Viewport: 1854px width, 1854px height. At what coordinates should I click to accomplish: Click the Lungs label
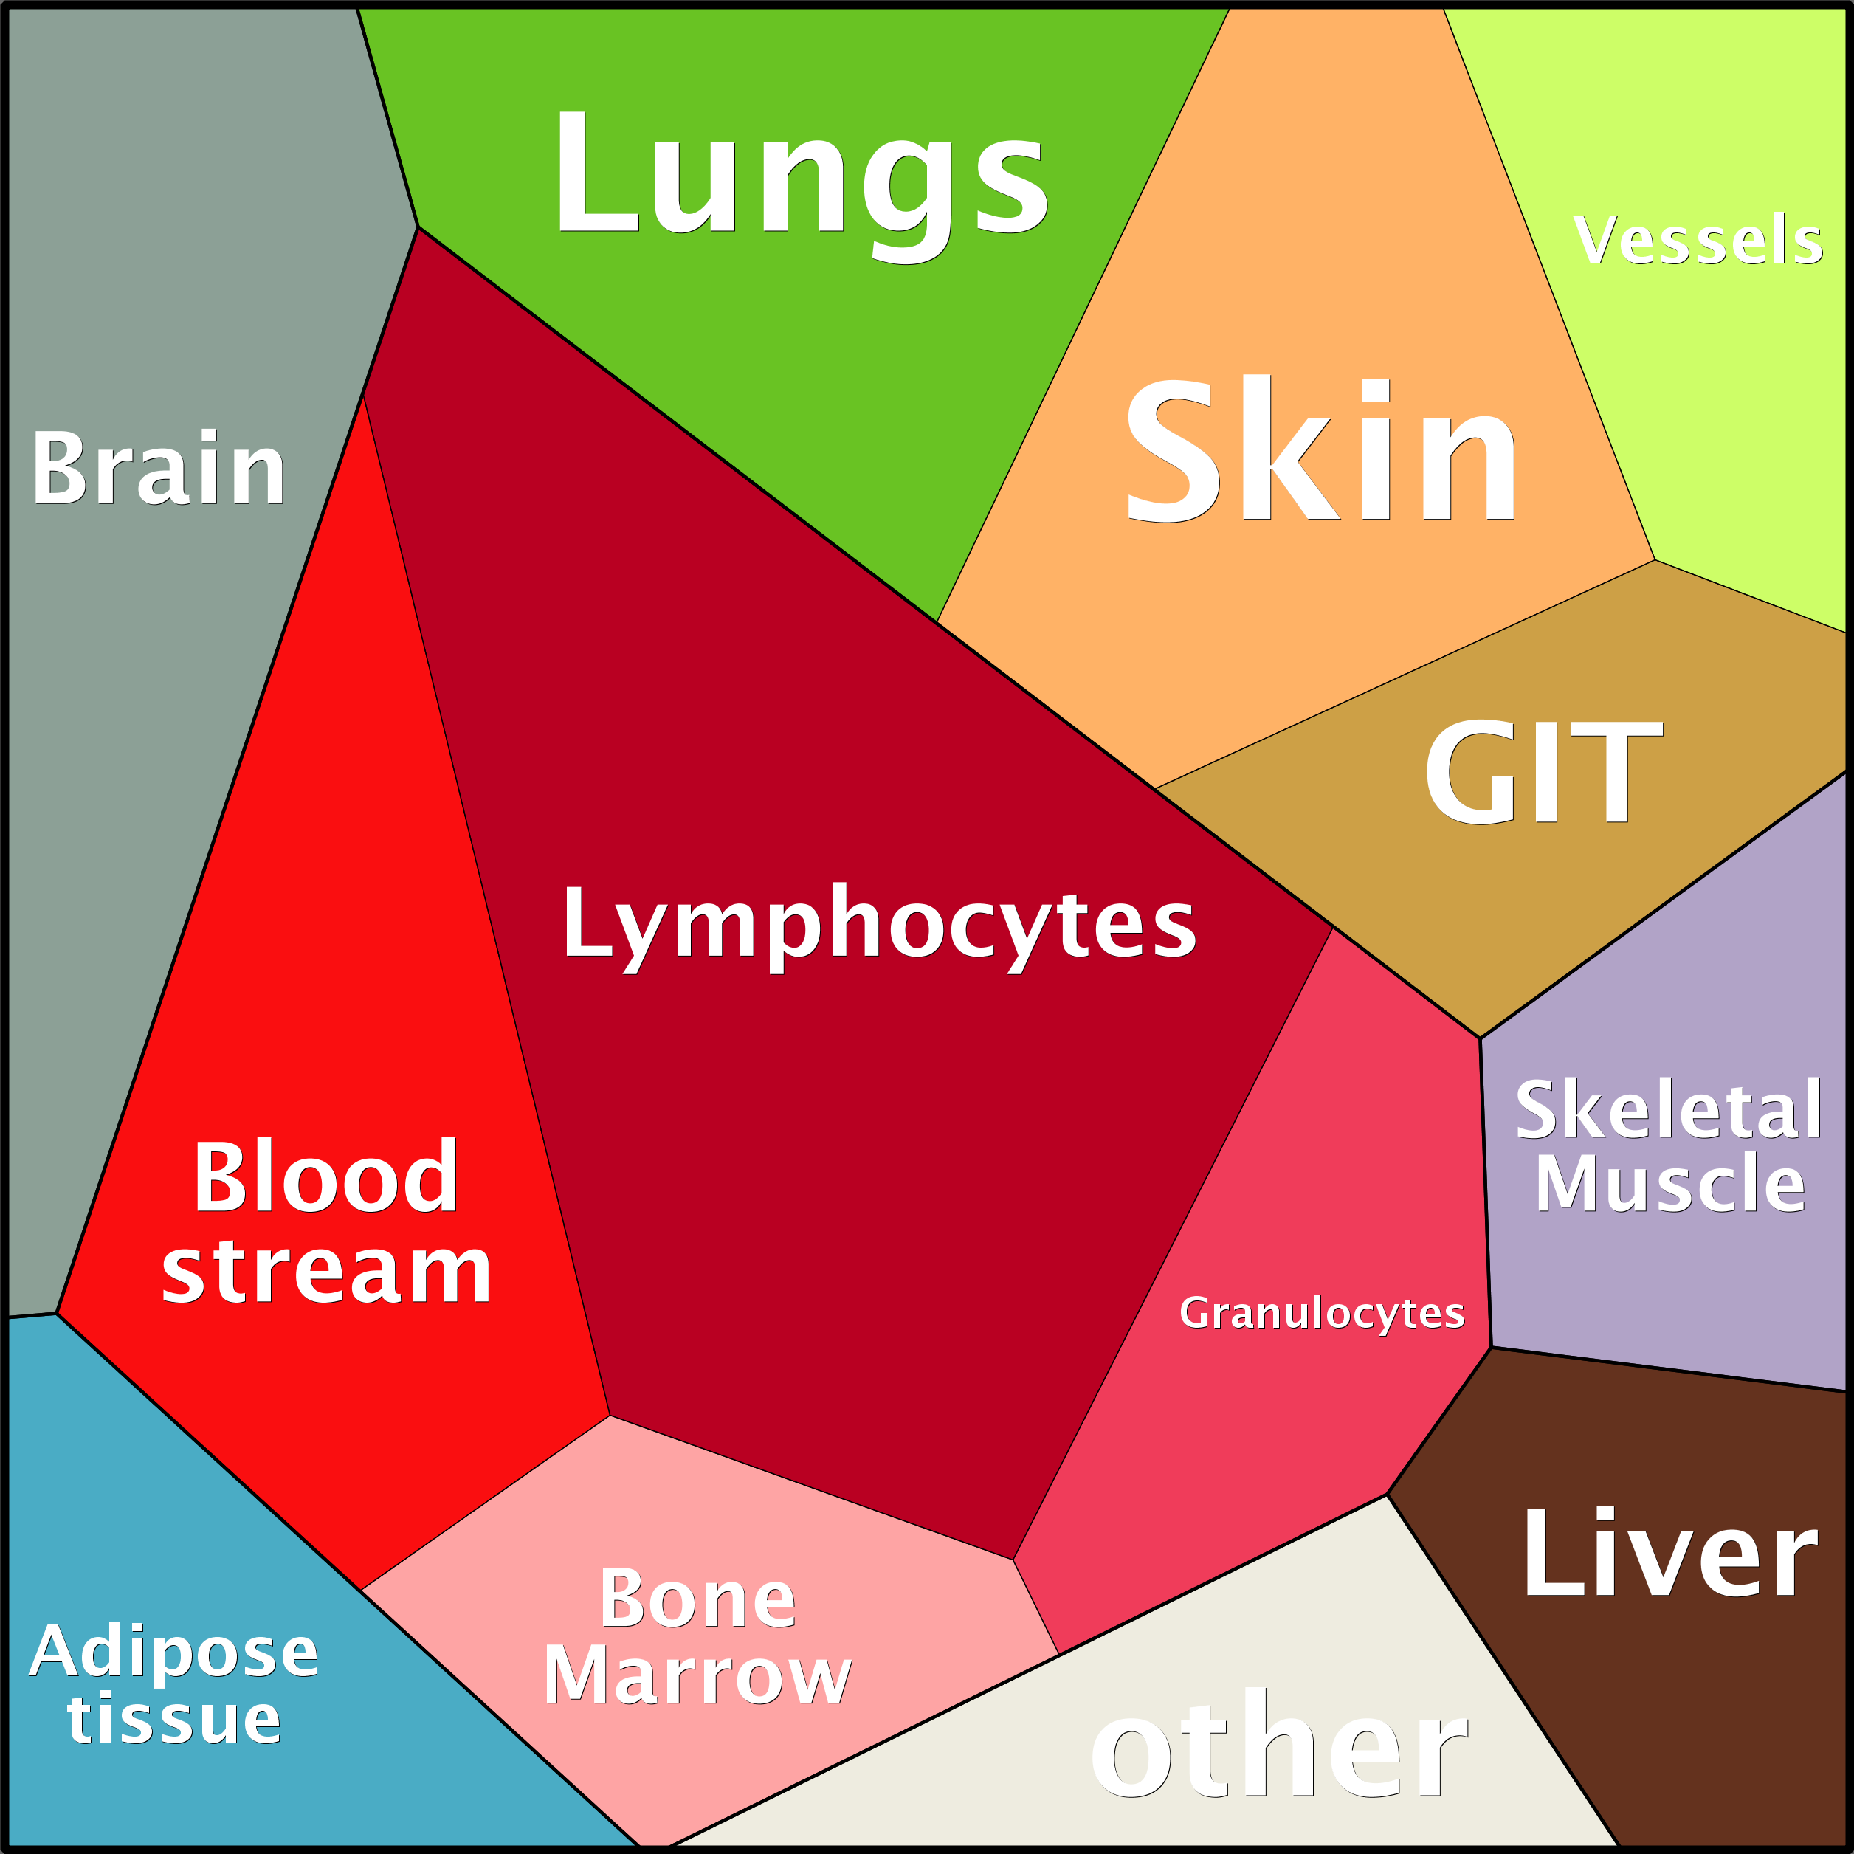tap(802, 185)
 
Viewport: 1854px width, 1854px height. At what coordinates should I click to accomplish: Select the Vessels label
tap(1698, 239)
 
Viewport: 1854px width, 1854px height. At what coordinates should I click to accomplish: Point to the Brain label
tap(159, 466)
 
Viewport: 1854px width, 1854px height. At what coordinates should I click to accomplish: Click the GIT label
tap(1543, 771)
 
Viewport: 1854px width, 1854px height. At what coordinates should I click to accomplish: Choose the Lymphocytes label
tap(879, 927)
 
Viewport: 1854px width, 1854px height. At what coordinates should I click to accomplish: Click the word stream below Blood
tap(326, 1269)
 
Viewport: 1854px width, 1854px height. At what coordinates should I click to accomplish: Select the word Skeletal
tap(1669, 1109)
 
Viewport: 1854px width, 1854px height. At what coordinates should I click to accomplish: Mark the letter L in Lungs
tap(598, 170)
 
